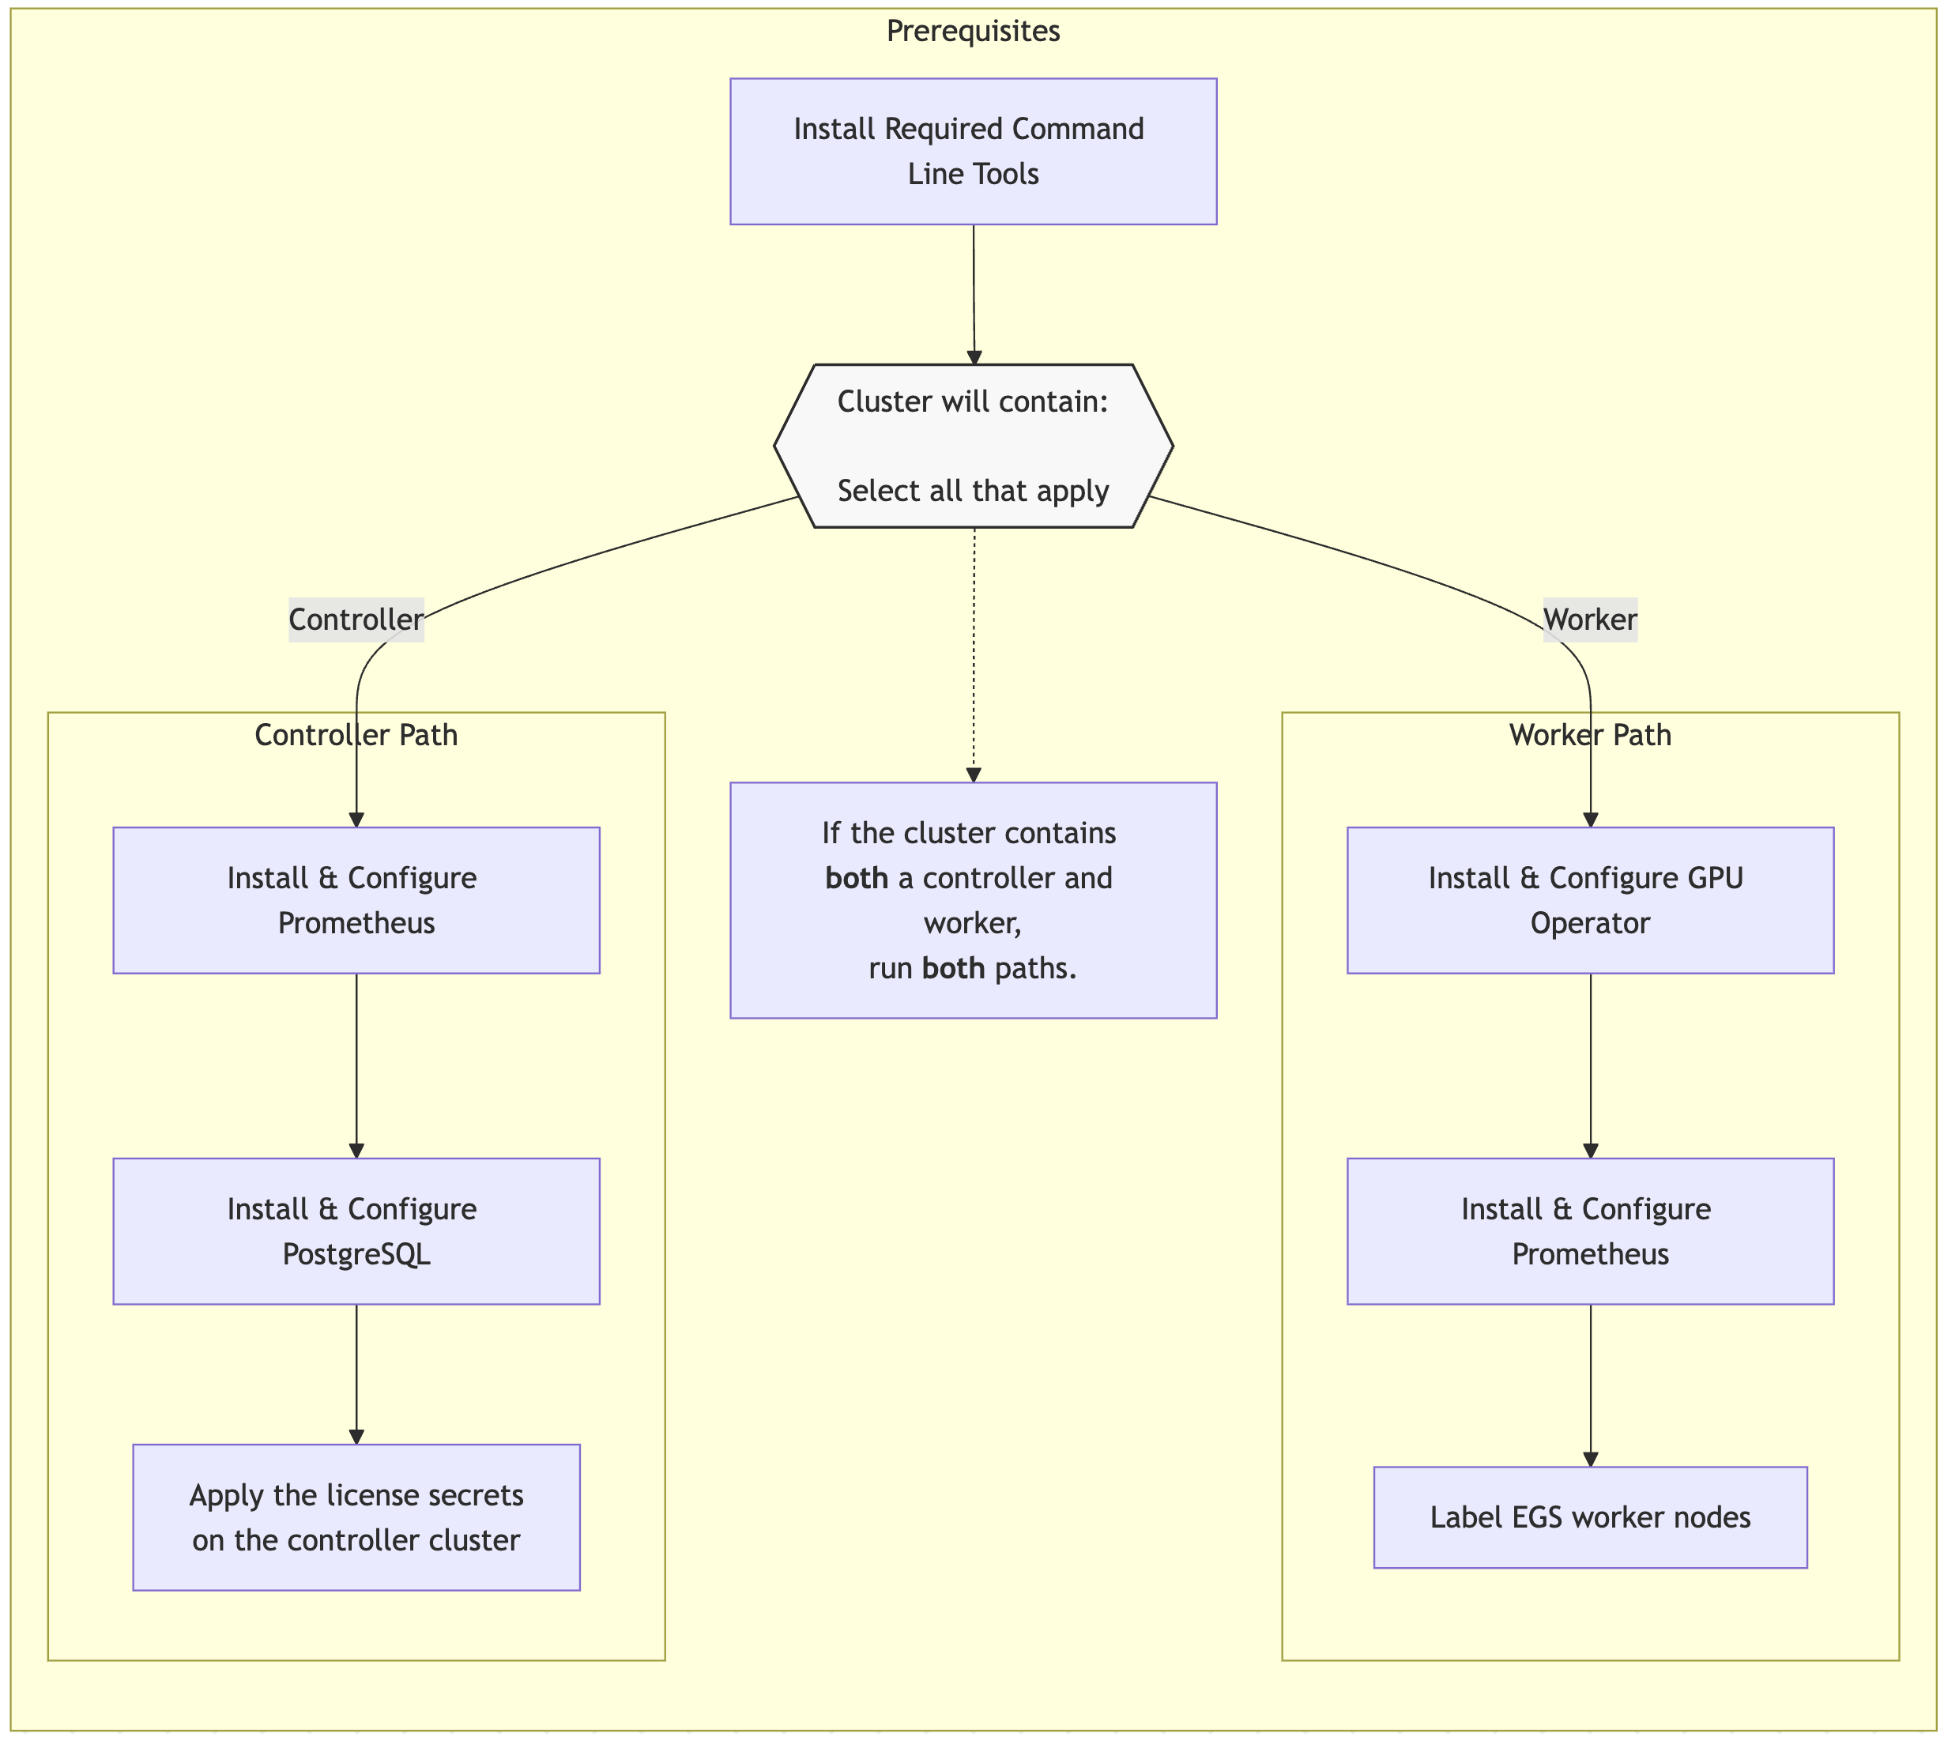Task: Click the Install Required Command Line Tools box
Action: pos(973,151)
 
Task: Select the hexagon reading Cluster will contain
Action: pos(973,446)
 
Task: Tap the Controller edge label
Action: pos(356,620)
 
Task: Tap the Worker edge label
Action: pos(1590,620)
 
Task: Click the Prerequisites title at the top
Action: pos(973,32)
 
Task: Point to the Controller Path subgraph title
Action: pos(356,735)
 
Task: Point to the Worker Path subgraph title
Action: pos(1590,735)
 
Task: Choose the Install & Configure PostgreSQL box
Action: pos(356,1231)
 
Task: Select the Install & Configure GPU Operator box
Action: pos(1590,900)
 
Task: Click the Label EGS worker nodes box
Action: pos(1590,1517)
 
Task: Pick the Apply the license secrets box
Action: pos(356,1517)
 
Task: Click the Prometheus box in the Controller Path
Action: pos(356,900)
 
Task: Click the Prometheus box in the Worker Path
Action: pos(1590,1231)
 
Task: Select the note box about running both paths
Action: pos(973,900)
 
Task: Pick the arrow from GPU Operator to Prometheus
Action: pos(1590,1064)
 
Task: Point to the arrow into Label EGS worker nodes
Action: pos(1590,1384)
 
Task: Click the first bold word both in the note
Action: pos(856,878)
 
